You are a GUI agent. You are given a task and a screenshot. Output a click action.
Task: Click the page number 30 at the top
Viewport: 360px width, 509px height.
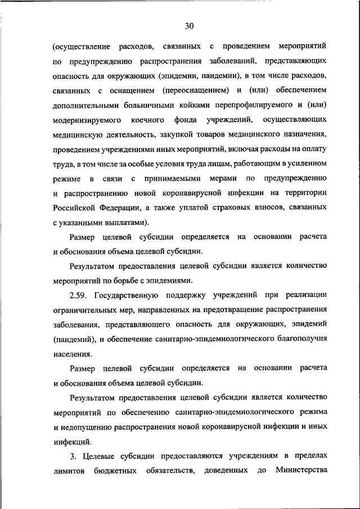pyautogui.click(x=188, y=25)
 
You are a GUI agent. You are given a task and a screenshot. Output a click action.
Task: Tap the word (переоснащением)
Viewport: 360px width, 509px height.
pyautogui.click(x=195, y=90)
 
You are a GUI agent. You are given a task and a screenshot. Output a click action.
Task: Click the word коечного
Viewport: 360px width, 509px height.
pyautogui.click(x=148, y=120)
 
